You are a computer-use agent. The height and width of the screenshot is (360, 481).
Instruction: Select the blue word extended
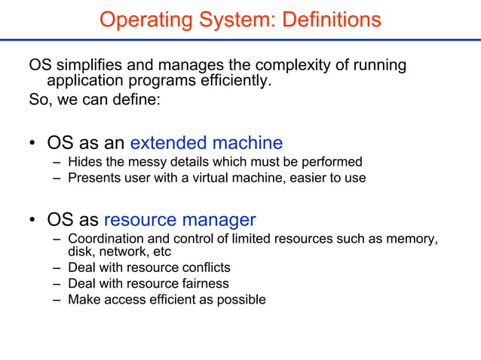click(168, 142)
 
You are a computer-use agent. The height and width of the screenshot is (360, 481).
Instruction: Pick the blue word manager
click(218, 220)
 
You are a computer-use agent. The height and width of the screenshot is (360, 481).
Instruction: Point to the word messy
click(143, 162)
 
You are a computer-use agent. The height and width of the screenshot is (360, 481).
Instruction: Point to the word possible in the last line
click(241, 301)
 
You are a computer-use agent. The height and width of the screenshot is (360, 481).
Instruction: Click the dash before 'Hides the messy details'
click(57, 162)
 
